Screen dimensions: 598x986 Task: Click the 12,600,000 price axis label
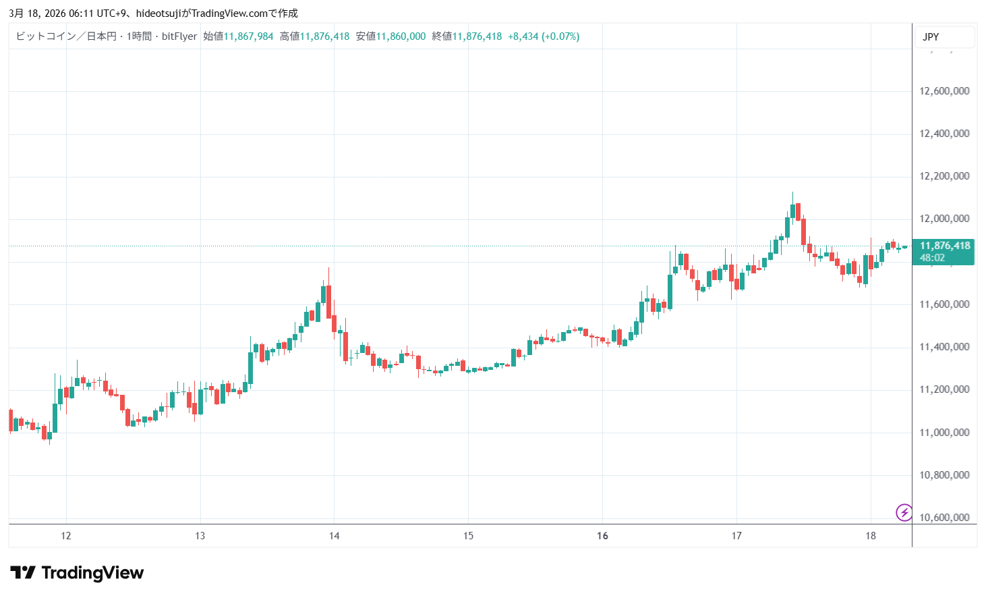click(944, 91)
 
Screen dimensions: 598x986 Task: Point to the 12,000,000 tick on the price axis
click(944, 219)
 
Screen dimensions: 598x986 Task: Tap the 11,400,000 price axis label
click(944, 347)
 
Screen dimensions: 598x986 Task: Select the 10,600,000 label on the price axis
click(944, 518)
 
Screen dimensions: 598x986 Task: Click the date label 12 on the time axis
click(66, 536)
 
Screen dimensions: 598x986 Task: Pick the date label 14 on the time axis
click(335, 536)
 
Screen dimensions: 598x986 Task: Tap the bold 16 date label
click(602, 536)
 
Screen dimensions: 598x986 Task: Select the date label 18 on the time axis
click(871, 536)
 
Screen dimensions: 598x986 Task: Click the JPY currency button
click(931, 37)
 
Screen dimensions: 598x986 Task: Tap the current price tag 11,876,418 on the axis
click(945, 246)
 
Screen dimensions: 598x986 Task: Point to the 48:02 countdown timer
click(932, 258)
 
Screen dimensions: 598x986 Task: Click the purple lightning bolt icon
click(904, 512)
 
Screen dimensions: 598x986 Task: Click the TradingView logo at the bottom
click(77, 573)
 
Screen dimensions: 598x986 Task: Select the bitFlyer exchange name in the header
click(179, 36)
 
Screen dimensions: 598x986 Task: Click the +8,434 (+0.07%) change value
click(544, 36)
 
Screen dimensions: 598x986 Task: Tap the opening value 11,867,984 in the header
click(248, 36)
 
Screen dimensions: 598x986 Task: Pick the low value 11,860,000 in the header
click(401, 36)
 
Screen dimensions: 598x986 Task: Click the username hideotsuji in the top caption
click(158, 13)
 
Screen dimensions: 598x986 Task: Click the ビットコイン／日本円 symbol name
click(66, 36)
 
